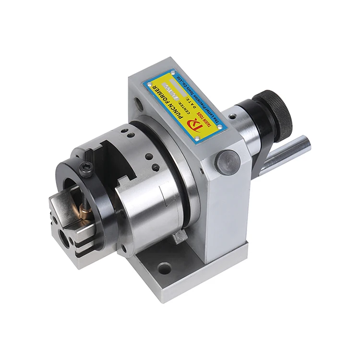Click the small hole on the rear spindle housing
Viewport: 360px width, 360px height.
[x=232, y=117]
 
